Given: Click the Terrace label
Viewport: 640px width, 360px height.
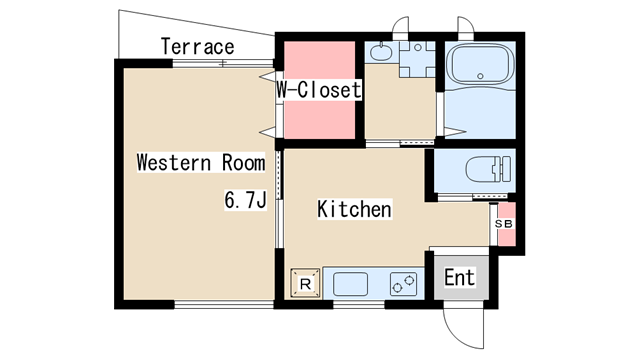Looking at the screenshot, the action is tap(198, 47).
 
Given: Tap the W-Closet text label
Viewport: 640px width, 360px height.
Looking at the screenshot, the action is tap(319, 89).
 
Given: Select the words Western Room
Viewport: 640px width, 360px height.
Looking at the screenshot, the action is tap(201, 162).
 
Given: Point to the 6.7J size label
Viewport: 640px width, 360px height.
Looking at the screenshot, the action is tap(245, 200).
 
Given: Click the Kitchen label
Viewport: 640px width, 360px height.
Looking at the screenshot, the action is tap(354, 209).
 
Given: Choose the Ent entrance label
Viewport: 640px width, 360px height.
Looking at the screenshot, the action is tap(460, 278).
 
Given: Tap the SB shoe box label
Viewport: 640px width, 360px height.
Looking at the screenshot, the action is tap(503, 224).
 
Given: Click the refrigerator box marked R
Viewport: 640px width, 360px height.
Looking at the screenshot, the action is tap(305, 283).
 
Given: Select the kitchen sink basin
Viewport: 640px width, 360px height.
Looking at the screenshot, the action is tap(350, 284).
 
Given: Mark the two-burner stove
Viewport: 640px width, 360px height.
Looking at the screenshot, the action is tap(403, 284).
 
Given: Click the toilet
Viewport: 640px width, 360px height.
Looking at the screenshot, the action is tap(488, 169).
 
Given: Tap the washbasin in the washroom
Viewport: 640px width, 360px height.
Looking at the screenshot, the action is tap(381, 52).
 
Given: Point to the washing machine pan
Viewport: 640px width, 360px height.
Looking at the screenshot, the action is tap(417, 59).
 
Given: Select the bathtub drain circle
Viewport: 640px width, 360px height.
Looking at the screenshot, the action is tap(480, 76).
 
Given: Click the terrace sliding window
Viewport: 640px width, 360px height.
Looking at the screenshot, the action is tap(223, 63).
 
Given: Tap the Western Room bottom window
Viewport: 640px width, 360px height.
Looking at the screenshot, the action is tap(224, 304).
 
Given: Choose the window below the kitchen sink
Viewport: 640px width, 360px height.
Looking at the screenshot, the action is tap(359, 304).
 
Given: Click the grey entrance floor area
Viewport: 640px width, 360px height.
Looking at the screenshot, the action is tap(461, 278).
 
